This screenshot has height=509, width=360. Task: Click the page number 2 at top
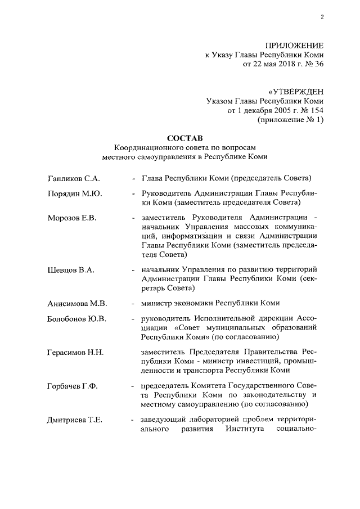tap(322, 17)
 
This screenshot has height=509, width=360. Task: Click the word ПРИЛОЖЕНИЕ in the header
tap(293, 45)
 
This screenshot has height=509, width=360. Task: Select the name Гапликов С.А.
tap(73, 179)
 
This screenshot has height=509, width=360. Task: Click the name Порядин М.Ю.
tap(74, 194)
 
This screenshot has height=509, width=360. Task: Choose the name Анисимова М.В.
tap(76, 303)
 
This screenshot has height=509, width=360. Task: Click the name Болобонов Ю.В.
tap(77, 319)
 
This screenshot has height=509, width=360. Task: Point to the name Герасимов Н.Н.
tap(76, 352)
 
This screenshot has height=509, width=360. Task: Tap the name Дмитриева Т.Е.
tap(75, 420)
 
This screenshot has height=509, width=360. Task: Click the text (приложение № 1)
tap(291, 120)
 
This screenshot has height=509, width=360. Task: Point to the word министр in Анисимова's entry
tap(157, 303)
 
